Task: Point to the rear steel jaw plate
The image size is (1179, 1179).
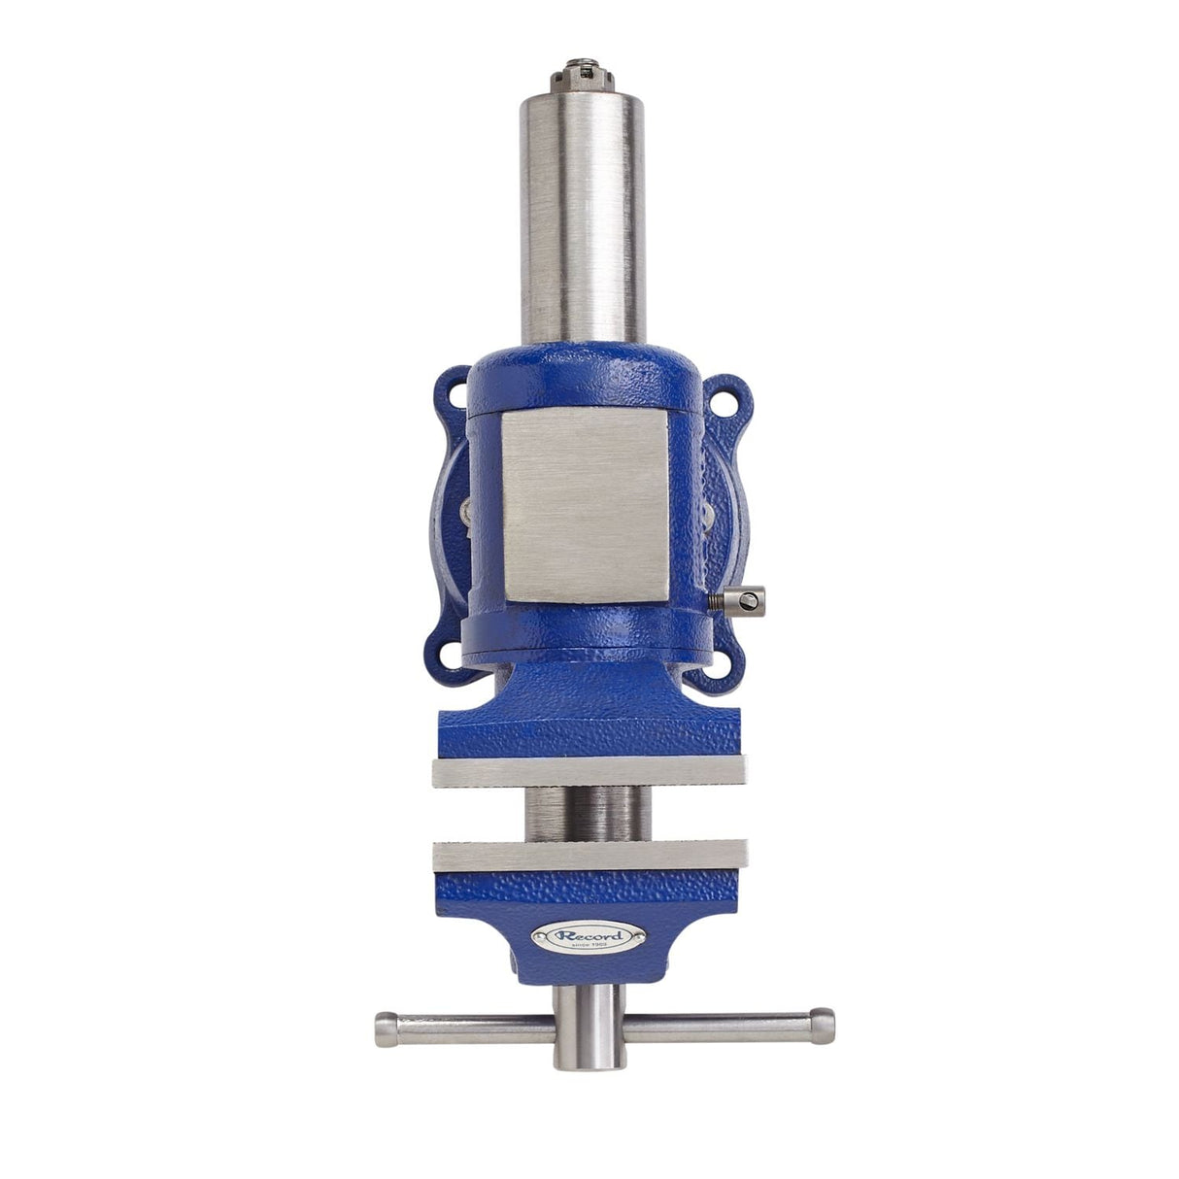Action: [x=589, y=773]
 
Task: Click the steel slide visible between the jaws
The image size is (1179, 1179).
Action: [x=584, y=813]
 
